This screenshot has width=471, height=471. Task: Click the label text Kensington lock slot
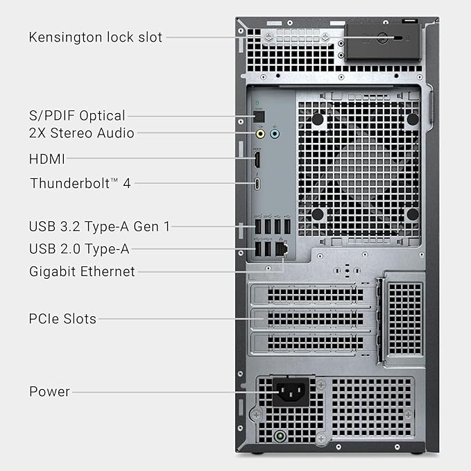point(96,37)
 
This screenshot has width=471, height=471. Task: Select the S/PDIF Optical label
point(77,115)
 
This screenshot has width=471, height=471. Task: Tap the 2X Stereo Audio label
point(82,132)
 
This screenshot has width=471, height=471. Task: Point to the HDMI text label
point(47,159)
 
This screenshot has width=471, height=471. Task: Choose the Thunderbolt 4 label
point(80,183)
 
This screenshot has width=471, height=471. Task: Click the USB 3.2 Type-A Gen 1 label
point(99,225)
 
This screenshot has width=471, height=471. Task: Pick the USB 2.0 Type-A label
point(79,248)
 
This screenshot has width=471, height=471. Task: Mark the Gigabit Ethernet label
point(82,271)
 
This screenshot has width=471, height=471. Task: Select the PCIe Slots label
point(62,319)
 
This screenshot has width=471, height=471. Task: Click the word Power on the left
point(49,391)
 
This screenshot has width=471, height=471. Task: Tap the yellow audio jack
point(260,134)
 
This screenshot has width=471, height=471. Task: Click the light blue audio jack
point(275,134)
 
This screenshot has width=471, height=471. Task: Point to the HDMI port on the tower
point(257,160)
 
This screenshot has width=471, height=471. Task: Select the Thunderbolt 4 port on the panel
point(257,184)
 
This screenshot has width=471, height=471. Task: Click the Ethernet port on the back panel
point(281,248)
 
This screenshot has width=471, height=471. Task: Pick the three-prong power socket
point(291,393)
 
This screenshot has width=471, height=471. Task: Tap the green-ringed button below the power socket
point(280,437)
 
